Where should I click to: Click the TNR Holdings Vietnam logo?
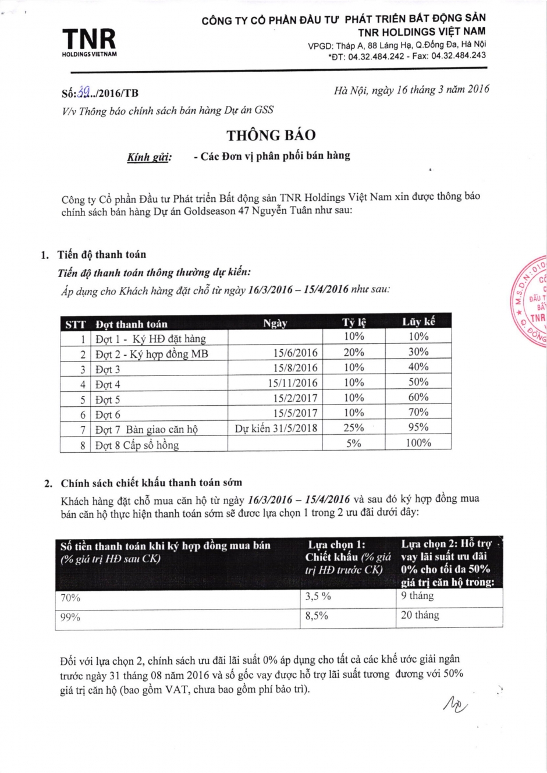89,42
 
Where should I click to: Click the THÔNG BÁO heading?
271,135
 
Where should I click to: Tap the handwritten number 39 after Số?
84,92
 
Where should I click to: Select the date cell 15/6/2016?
296,353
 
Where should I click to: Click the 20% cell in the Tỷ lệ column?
353,352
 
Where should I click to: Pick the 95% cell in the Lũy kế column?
418,427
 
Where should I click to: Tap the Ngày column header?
275,323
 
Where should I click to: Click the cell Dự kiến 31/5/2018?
276,428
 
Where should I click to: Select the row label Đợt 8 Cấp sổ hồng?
137,445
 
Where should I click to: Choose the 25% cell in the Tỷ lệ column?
353,428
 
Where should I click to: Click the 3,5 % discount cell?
318,596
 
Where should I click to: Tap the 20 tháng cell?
420,615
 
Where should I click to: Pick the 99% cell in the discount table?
70,617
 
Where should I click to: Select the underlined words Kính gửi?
149,158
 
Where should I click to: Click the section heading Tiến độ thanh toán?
101,254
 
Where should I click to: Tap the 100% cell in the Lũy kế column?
418,443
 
